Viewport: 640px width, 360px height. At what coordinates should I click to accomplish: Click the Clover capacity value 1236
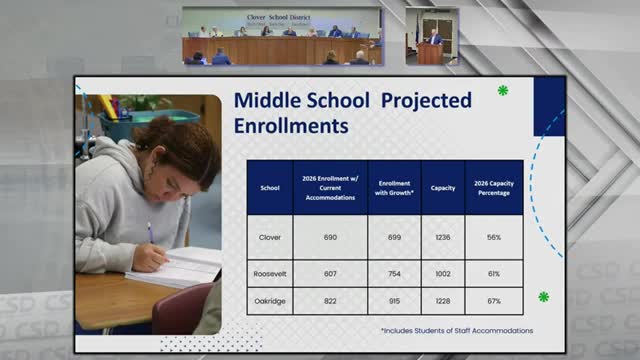[x=443, y=237]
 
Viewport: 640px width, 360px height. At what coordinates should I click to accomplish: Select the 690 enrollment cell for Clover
[x=329, y=237]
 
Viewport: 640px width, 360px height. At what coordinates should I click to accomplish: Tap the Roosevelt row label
[x=269, y=272]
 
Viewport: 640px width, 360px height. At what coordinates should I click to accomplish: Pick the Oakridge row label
[x=269, y=300]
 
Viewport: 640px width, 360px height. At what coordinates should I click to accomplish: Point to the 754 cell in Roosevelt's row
[x=394, y=272]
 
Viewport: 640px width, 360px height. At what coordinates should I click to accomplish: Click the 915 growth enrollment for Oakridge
[x=394, y=300]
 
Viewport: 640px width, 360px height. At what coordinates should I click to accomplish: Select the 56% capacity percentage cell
[x=494, y=237]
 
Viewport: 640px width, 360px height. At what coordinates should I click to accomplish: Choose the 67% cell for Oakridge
[x=494, y=300]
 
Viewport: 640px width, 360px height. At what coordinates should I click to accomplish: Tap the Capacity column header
[x=443, y=187]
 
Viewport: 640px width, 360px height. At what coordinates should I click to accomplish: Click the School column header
[x=269, y=187]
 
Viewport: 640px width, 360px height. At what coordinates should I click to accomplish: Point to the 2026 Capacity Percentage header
[x=494, y=187]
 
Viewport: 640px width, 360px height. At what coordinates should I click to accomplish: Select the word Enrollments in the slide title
[x=290, y=127]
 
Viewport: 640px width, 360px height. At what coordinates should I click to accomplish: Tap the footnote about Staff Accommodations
[x=456, y=330]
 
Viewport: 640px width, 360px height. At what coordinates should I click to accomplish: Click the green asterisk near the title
[x=503, y=90]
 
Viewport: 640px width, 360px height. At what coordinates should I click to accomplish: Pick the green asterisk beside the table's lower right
[x=543, y=297]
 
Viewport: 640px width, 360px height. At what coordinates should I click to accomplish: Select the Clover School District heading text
[x=282, y=17]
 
